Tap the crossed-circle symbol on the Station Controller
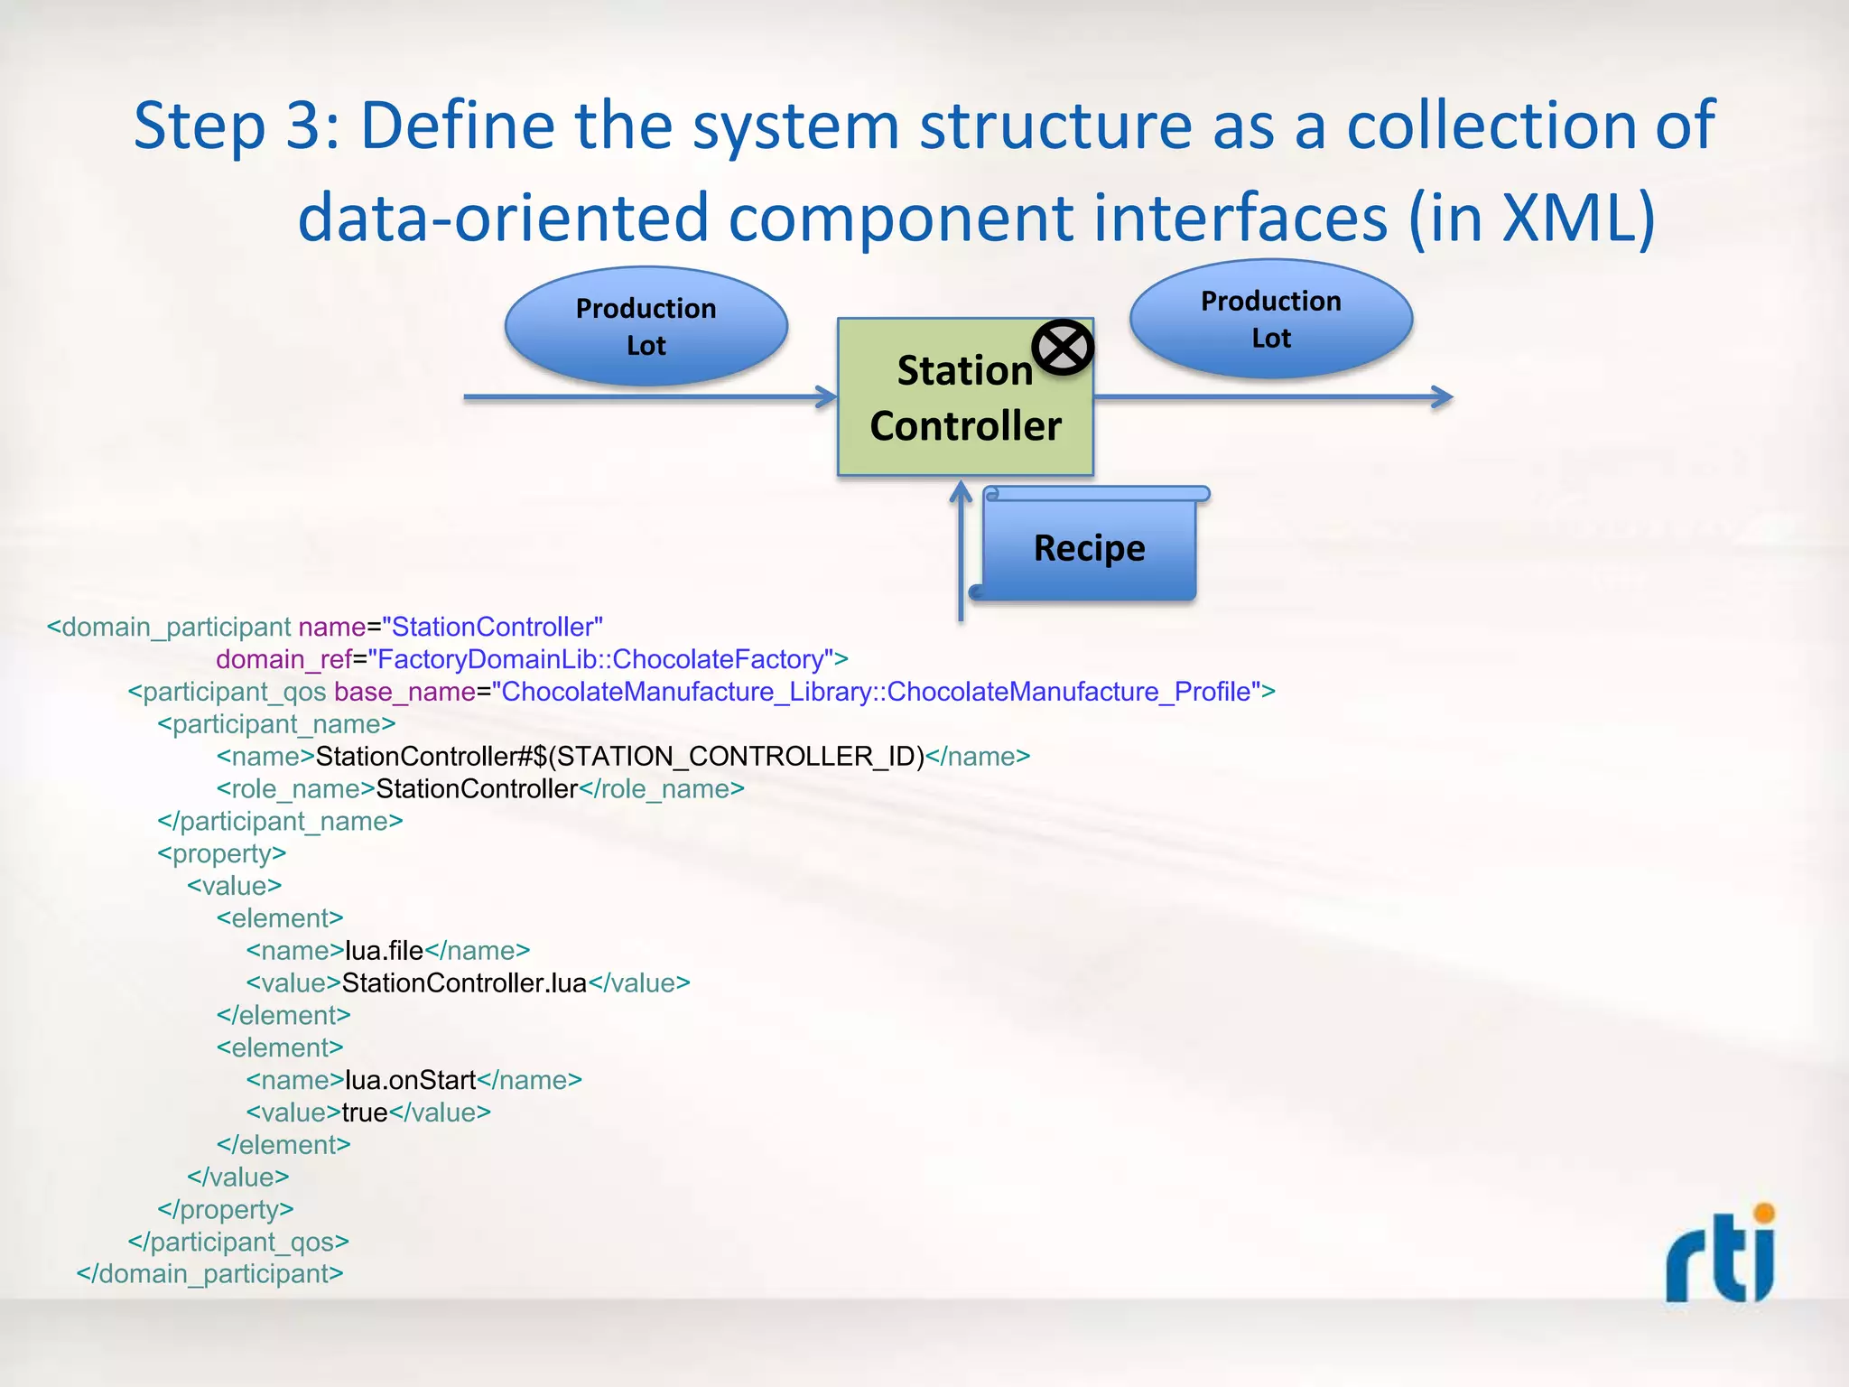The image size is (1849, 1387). (1063, 348)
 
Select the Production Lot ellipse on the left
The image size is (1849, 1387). (646, 326)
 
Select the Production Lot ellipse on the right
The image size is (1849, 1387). (1270, 319)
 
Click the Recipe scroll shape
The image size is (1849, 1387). (1089, 547)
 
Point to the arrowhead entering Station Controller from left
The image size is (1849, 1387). (827, 396)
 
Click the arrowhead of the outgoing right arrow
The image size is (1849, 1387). (1443, 396)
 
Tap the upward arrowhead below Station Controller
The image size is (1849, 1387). (961, 493)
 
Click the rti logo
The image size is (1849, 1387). (1721, 1255)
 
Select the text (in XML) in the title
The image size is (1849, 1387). (1531, 218)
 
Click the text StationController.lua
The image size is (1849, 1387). (464, 982)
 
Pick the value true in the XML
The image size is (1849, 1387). (365, 1112)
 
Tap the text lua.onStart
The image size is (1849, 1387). (410, 1080)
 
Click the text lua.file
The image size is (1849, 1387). (384, 951)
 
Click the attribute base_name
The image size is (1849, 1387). (404, 692)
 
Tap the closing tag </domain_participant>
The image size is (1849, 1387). (209, 1274)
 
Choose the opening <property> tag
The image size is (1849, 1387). (221, 853)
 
